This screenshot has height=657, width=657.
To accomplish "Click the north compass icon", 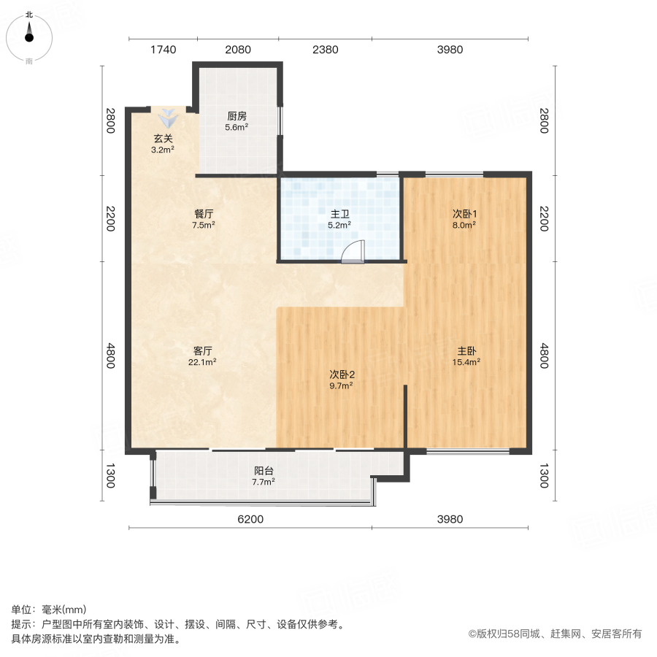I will coord(29,36).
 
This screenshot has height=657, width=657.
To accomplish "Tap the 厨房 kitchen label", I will coord(236,116).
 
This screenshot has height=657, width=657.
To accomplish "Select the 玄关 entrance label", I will coord(163,139).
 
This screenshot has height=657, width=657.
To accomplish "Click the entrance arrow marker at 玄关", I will coord(168,117).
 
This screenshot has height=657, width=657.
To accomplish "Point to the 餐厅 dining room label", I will coord(204,214).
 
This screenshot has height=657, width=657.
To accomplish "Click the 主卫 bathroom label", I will coord(339,214).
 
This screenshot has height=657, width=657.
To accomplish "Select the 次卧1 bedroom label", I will coord(464,214).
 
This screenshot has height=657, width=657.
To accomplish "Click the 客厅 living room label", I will coord(204,350).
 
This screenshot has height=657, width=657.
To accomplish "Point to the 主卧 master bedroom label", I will coord(464,350).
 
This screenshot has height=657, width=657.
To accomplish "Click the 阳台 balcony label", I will coord(263,471).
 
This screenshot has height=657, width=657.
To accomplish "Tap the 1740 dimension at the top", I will coord(164,50).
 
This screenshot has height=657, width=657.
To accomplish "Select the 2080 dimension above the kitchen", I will coord(238,50).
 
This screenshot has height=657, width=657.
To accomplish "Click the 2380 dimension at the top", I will coord(325,50).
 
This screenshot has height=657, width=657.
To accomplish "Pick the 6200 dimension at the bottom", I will coord(250,519).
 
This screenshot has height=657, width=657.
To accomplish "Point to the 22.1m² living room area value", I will coord(204,361).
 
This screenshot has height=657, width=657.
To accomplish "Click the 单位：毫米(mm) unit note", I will coord(48,610).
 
